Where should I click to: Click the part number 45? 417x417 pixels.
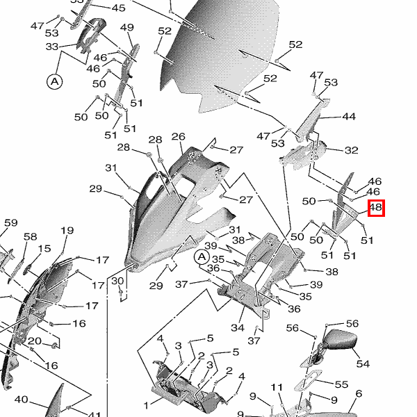point(119,8)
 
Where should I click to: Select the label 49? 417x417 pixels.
point(126,28)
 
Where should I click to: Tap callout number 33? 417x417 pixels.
point(52,47)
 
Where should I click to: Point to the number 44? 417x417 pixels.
point(349,117)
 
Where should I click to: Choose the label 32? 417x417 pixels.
point(352,150)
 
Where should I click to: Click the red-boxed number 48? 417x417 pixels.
point(376,207)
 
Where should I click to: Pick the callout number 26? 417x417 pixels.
point(179,136)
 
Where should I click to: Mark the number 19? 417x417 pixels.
point(67,231)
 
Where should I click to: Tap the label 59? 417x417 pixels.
point(11,223)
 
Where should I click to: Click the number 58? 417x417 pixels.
point(30,237)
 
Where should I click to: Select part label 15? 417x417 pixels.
point(44,249)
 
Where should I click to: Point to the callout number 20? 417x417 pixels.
point(33,341)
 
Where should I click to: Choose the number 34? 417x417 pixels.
point(238,327)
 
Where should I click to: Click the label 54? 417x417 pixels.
point(363,363)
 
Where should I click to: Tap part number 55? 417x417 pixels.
point(341,384)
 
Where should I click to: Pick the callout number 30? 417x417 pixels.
point(117,281)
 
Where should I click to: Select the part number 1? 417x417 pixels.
point(147,404)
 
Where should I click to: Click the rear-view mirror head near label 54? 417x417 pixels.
point(343,341)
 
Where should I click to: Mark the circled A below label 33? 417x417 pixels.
point(54,81)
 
